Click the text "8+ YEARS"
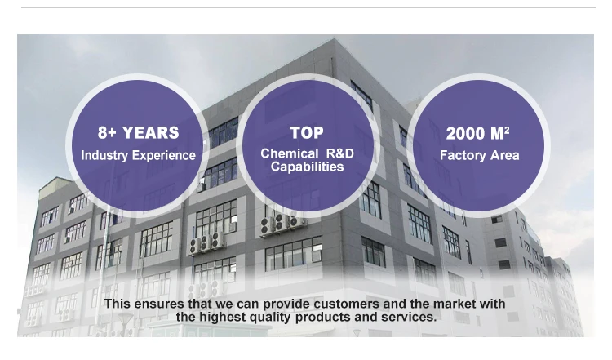tap(138, 133)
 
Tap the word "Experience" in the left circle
tap(164, 156)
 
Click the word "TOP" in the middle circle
tap(307, 133)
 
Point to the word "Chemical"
tap(290, 153)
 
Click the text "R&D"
tap(339, 153)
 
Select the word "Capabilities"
tap(307, 167)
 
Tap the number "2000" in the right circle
tap(466, 134)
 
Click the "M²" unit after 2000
tap(500, 134)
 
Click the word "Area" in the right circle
tap(505, 155)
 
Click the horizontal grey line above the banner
tap(308, 7)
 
